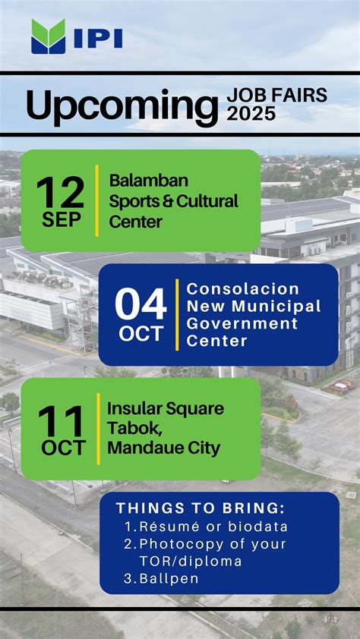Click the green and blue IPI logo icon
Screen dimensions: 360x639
48,36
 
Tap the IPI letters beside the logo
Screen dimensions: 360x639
98,39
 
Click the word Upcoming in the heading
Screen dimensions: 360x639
122,106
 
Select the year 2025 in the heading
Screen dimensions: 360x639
251,114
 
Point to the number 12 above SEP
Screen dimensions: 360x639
60,192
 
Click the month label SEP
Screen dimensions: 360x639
62,220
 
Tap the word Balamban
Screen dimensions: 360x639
148,181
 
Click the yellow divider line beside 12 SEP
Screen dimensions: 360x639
96,200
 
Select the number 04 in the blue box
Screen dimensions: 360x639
141,305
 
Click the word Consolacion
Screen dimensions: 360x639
243,289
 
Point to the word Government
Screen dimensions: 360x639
242,323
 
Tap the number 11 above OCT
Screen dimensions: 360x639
62,422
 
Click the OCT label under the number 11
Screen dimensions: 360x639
63,449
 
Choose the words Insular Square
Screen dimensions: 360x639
166,409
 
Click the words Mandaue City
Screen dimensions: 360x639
164,449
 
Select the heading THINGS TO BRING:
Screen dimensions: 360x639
201,508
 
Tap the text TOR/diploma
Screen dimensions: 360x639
191,562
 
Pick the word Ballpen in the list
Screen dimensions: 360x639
169,579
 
